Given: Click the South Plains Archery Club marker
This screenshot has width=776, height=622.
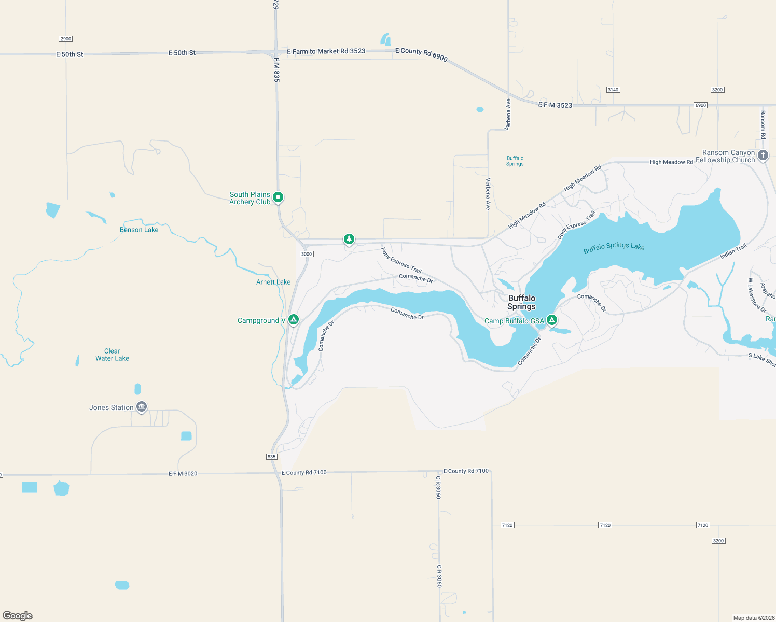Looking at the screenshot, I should coord(278,197).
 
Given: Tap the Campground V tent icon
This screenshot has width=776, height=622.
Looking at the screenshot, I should coord(293,319).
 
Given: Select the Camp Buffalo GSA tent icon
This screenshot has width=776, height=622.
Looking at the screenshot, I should coord(552,320).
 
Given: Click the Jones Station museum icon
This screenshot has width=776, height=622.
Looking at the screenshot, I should coord(141,407).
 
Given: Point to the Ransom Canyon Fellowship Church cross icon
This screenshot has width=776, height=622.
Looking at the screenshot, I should coord(763,155).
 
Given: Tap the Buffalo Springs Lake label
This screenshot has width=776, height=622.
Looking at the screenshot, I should coord(614,247).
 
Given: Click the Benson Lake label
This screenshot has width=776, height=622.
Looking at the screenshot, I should coord(139,230).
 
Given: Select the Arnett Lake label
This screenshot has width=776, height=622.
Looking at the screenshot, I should coord(273,282).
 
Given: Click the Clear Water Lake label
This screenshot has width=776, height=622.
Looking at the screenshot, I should coord(112,355).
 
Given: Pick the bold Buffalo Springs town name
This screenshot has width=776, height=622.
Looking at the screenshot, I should coord(521,302).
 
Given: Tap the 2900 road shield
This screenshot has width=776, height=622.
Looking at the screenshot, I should coord(65,39).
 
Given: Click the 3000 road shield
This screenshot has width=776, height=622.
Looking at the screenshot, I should coord(307,254).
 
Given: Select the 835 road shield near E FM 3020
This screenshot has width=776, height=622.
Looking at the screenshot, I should coord(272,457).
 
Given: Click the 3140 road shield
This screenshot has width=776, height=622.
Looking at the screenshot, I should coord(613,90).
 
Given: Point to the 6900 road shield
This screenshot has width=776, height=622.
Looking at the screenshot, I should coord(700,105).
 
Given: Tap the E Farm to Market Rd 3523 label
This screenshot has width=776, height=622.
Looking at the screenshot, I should coord(326,51).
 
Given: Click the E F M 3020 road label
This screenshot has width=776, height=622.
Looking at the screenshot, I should coord(183,473).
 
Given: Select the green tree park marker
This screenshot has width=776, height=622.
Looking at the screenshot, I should coord(349,239).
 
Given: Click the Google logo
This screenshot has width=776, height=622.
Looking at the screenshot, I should coord(18,615).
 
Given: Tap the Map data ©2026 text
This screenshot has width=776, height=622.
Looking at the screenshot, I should coord(753,618).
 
